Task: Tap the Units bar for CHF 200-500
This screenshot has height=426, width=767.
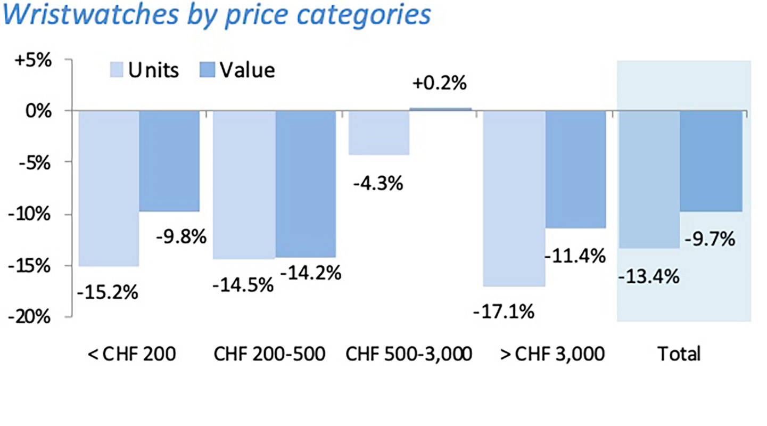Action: [x=244, y=184]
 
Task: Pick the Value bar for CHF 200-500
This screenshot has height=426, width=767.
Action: [x=306, y=184]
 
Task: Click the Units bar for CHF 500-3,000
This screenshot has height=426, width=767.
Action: [x=378, y=133]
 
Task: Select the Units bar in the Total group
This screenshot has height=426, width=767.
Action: [x=649, y=179]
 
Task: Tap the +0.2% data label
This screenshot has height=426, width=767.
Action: [x=440, y=84]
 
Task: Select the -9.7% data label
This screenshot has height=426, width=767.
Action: [x=710, y=239]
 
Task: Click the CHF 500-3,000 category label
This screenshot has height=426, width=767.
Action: [x=409, y=354]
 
